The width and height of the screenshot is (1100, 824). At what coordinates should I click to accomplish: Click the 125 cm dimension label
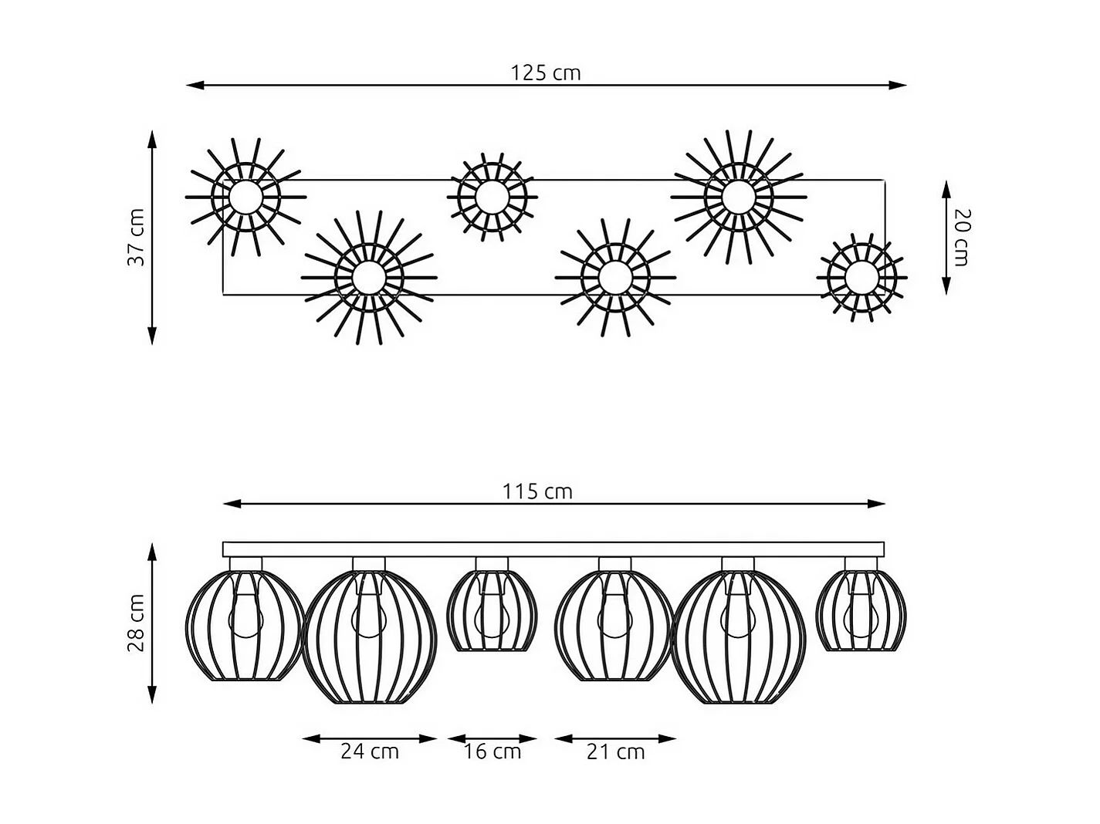[545, 73]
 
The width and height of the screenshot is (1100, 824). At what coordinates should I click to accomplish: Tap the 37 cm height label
[137, 237]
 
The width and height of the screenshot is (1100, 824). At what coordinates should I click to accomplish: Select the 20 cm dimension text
[962, 237]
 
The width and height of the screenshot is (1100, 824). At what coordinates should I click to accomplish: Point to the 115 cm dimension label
[537, 491]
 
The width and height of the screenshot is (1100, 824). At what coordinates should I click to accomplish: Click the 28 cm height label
[137, 623]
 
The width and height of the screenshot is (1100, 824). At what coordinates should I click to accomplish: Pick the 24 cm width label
[370, 751]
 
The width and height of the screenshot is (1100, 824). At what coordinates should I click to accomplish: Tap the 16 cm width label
[492, 751]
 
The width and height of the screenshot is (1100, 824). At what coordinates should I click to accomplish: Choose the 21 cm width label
[615, 751]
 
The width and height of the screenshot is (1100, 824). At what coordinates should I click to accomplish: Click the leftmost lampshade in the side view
[245, 625]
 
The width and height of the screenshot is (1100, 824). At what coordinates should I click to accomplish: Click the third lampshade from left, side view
[492, 611]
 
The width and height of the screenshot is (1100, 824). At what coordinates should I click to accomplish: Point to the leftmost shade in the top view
[245, 197]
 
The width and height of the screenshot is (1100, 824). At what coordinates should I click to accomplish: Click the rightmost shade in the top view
[861, 276]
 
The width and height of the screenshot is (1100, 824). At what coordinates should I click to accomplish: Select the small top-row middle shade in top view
[491, 196]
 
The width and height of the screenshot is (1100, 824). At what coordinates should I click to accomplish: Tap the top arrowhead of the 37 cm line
[152, 139]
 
